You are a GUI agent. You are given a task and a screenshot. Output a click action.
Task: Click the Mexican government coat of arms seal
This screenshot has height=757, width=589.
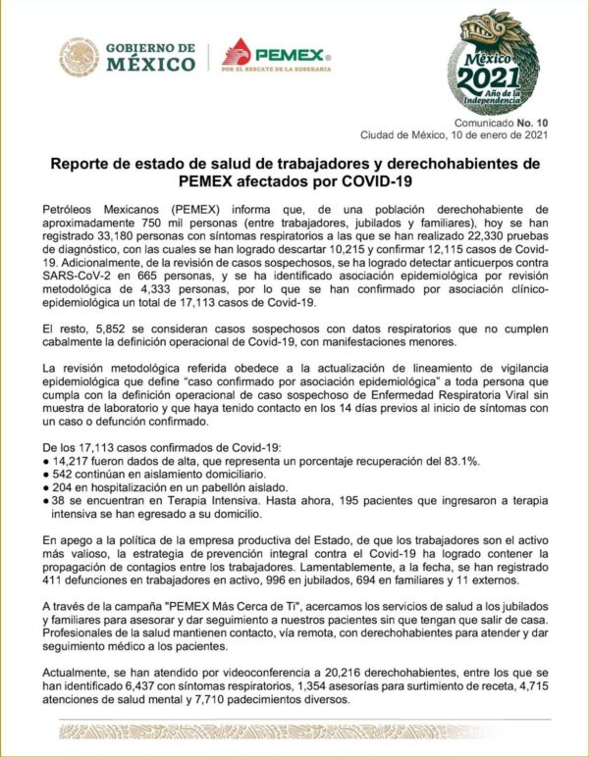pos(79,57)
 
